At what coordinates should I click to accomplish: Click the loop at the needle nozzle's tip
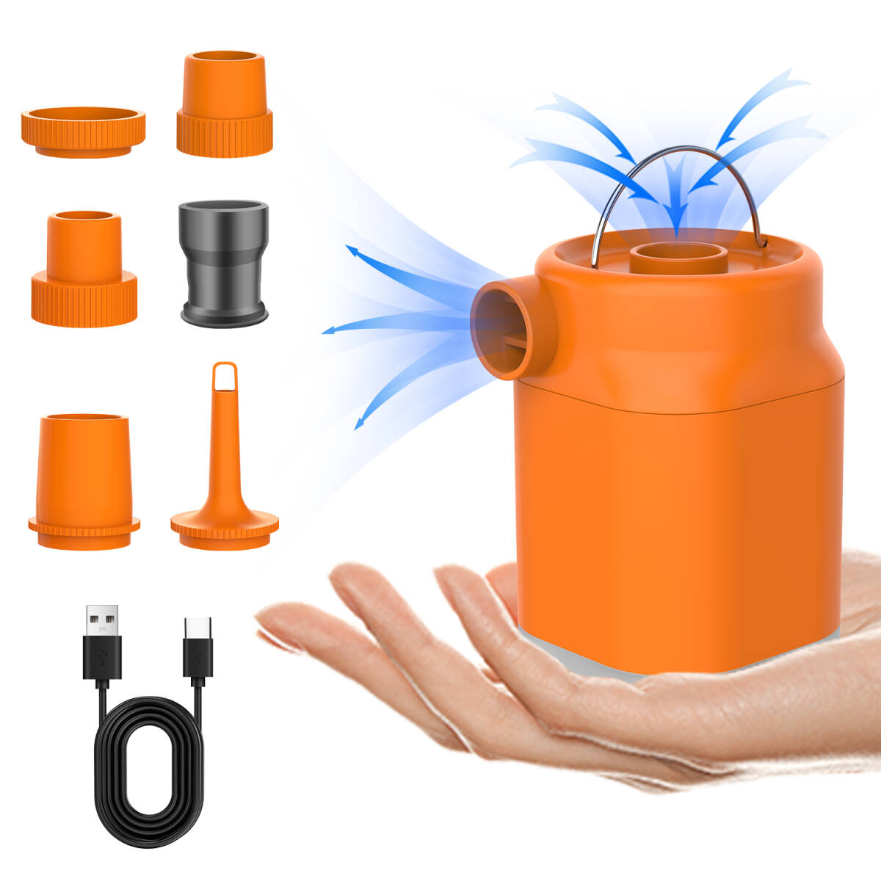[225, 376]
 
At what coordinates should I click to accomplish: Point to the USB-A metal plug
[101, 620]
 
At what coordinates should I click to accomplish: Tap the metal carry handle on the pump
[675, 158]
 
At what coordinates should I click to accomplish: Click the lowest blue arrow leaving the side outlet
[389, 396]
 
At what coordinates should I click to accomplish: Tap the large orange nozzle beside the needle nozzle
[84, 481]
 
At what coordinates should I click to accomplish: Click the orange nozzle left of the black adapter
[84, 268]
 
